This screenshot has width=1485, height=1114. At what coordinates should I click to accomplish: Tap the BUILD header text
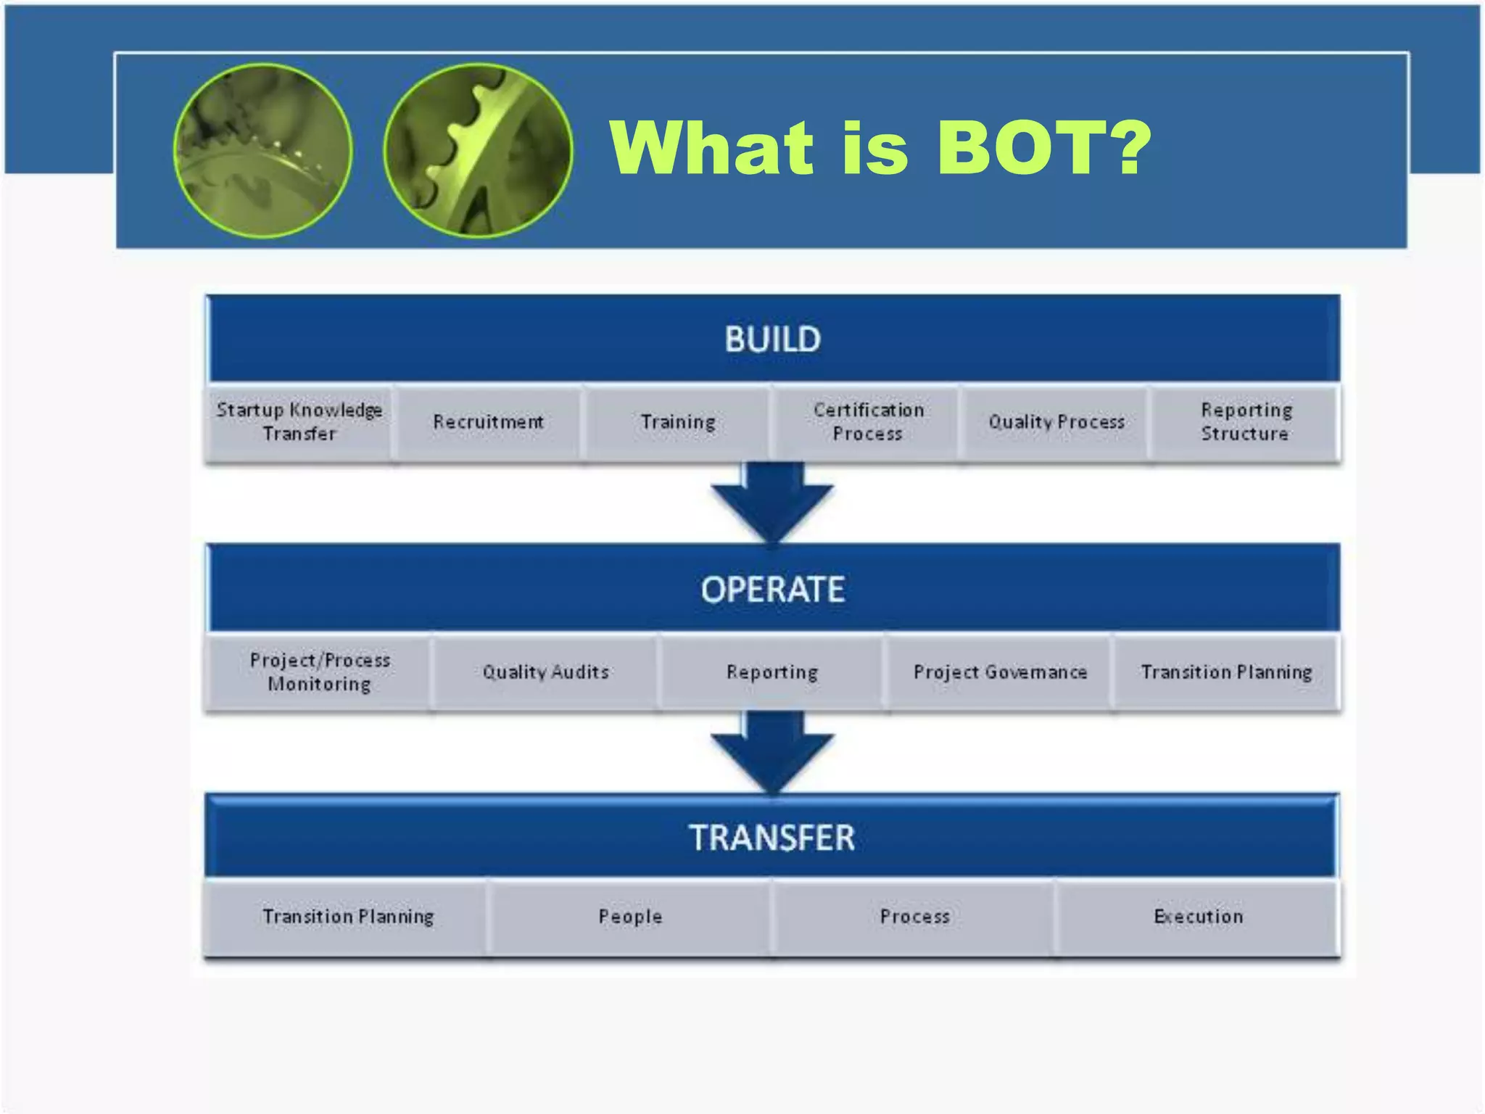click(772, 339)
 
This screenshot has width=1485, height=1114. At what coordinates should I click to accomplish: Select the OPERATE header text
click(772, 589)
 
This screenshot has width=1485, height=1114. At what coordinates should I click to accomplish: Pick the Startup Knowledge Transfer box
click(299, 422)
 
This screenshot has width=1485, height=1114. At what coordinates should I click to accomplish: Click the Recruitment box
click(488, 422)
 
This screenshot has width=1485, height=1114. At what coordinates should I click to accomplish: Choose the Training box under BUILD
click(678, 422)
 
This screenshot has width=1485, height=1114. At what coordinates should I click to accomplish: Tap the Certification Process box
click(868, 422)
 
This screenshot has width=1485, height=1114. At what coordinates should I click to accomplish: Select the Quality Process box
click(1056, 422)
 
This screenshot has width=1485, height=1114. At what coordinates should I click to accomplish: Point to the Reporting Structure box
click(1245, 422)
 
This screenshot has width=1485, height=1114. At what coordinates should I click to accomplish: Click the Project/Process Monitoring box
click(319, 672)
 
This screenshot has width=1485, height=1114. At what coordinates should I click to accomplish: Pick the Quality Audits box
click(545, 672)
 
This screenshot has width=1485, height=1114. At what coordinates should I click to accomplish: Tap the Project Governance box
click(1000, 672)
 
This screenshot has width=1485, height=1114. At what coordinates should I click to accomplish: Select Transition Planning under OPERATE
click(1226, 672)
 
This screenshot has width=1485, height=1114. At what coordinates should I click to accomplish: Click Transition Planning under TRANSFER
click(348, 917)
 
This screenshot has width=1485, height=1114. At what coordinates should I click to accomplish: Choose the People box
click(630, 917)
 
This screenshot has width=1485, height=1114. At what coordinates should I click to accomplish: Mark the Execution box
click(1198, 917)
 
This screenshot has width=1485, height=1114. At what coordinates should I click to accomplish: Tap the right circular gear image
click(478, 151)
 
